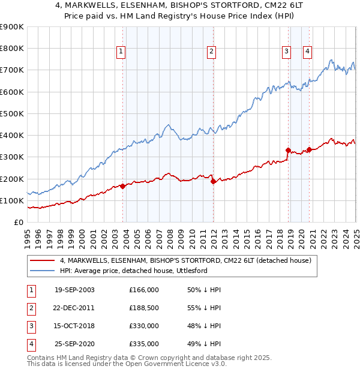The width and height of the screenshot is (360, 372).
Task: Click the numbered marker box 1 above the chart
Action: click(121, 52)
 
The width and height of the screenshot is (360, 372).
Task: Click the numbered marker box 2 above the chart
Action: click(212, 52)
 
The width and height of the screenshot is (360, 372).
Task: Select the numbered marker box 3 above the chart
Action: click(287, 52)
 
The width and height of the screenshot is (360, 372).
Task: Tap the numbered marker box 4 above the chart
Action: click(307, 52)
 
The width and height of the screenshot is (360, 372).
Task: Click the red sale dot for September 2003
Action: click(123, 186)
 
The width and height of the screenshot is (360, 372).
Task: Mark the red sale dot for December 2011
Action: click(213, 181)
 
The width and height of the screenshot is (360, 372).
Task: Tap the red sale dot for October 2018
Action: click(288, 150)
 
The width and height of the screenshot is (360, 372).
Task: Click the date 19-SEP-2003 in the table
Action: click(74, 290)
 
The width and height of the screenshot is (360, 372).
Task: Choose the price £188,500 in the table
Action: click(144, 308)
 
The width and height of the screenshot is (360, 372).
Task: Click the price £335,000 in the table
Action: click(144, 344)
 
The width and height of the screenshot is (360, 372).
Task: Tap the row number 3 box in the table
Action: click(30, 326)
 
